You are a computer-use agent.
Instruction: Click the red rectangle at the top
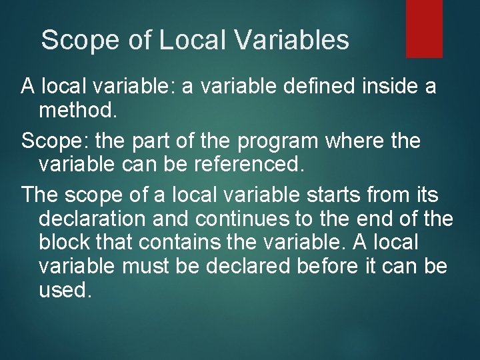tap(424, 28)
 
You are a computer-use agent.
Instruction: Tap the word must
tap(152, 266)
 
